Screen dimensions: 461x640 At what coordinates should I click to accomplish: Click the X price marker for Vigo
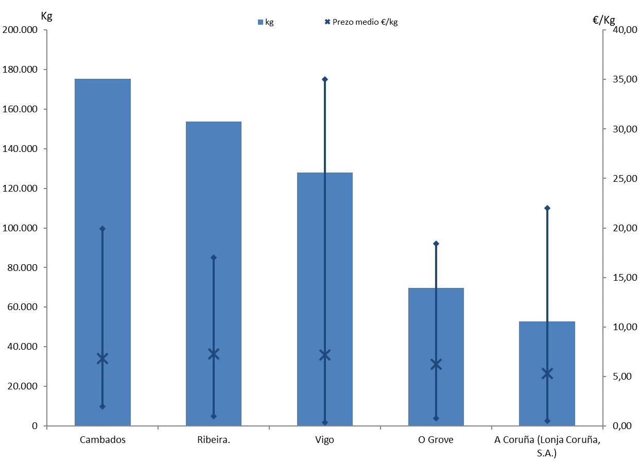[325, 355]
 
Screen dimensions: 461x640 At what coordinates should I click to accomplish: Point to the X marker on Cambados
[102, 359]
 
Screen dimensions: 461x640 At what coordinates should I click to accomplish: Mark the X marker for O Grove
[436, 365]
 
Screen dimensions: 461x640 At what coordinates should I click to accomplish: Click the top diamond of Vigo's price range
[325, 79]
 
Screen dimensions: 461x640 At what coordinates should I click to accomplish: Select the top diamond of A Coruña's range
[547, 208]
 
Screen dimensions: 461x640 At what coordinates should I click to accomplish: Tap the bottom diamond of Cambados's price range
[102, 406]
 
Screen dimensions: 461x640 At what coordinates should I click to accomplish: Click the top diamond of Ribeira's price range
[214, 258]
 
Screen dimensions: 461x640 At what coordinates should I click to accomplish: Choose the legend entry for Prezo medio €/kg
[361, 22]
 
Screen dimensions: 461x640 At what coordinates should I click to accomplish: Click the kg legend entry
[266, 22]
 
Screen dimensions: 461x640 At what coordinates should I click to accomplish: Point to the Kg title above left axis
[46, 15]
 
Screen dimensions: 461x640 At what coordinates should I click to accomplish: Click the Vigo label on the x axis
[324, 440]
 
